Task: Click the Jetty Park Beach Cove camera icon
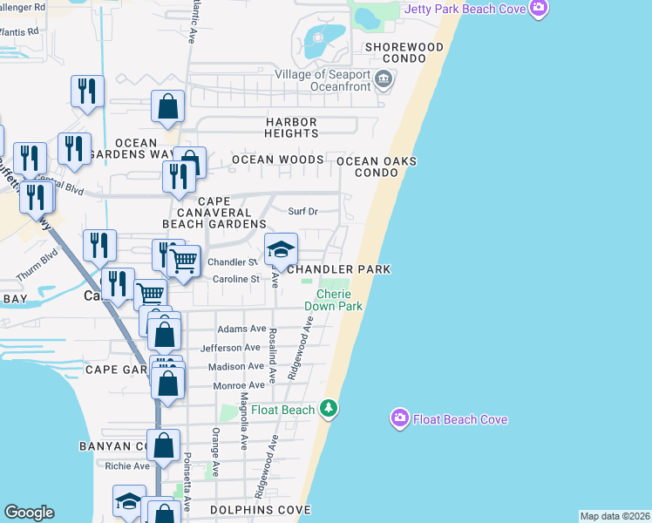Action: [x=539, y=9]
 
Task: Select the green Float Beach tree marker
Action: [x=328, y=408]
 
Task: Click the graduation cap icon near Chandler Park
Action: [x=281, y=251]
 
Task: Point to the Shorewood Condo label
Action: [x=404, y=47]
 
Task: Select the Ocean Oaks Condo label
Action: [x=377, y=166]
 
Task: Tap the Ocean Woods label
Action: [x=277, y=160]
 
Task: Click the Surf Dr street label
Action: [x=302, y=211]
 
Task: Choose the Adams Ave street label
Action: [x=241, y=329]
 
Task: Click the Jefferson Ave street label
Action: [x=231, y=348]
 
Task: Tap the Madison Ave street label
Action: [x=238, y=367]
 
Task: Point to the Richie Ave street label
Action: [x=127, y=466]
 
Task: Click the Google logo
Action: [x=29, y=513]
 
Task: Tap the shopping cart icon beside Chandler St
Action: [x=183, y=261]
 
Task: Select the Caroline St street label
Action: [x=237, y=279]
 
